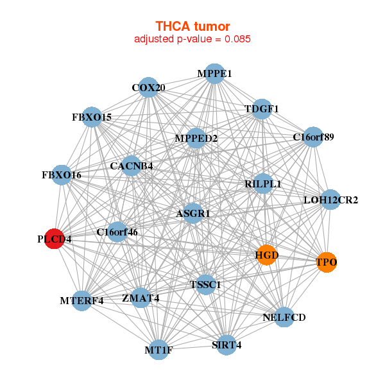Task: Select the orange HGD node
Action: [x=266, y=255]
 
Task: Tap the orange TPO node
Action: [x=327, y=262]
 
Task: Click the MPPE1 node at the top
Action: [x=214, y=74]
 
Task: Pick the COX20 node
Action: [x=148, y=87]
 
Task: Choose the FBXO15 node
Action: [x=92, y=117]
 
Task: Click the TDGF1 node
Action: [x=262, y=108]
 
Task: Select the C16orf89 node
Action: [x=313, y=137]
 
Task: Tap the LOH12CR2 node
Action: [x=330, y=200]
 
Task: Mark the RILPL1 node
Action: [x=263, y=184]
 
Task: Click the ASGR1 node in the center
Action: [x=193, y=212]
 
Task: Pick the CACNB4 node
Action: [x=131, y=166]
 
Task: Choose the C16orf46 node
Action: [x=117, y=232]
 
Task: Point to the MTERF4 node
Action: [x=81, y=300]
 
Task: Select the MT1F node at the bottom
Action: [x=160, y=350]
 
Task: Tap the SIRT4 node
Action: [x=226, y=345]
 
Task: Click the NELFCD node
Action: [x=284, y=317]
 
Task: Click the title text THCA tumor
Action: [x=193, y=26]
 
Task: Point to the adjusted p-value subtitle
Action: [x=193, y=39]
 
